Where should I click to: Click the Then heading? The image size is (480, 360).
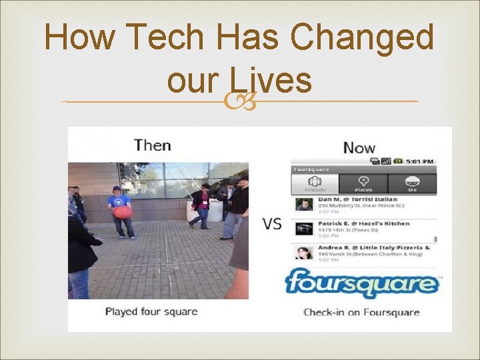152,145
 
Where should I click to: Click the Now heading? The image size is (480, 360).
359,147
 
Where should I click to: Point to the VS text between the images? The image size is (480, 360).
271,223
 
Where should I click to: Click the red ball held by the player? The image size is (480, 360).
122,211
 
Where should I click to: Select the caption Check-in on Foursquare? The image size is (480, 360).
361,312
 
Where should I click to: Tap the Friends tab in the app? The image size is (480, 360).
315,183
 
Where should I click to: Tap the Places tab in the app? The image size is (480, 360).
363,183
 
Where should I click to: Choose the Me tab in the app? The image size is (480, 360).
413,183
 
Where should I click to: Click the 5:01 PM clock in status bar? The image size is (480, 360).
421,161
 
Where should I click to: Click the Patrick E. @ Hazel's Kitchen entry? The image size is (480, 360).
363,227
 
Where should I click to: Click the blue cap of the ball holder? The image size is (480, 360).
117,189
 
